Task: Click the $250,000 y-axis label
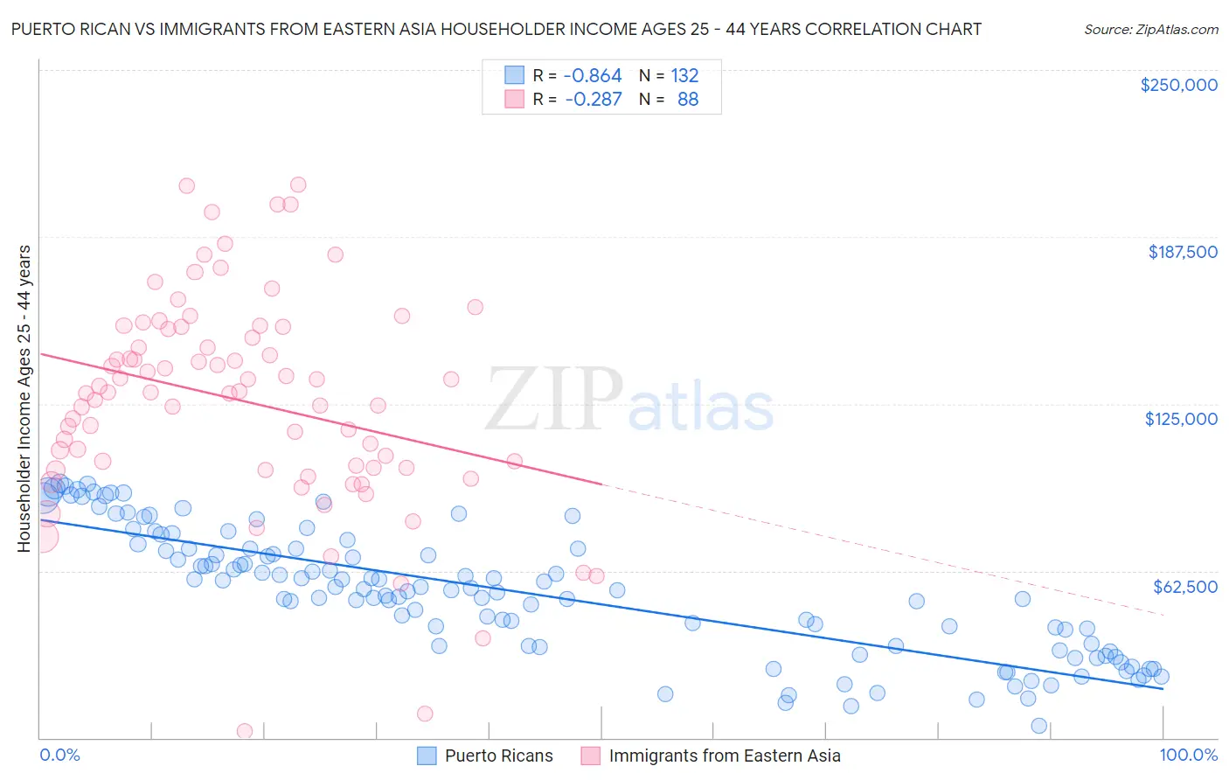point(1178,85)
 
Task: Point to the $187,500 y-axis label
point(1182,252)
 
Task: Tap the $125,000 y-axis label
point(1181,419)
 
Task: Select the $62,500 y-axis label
point(1184,586)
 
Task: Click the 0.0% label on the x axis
point(59,755)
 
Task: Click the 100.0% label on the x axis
point(1188,755)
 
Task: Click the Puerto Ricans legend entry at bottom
point(498,756)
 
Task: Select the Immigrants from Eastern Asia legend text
point(724,756)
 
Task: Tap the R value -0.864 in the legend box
point(592,75)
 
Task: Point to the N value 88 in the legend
point(687,99)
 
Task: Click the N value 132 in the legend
point(684,75)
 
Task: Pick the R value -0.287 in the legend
point(593,99)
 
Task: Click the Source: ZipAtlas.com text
point(1150,29)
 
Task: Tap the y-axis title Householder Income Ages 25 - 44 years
point(24,399)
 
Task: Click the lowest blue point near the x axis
point(1038,726)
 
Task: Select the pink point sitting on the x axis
point(245,730)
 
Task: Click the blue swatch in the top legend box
point(514,75)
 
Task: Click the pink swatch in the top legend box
point(514,99)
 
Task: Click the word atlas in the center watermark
point(701,406)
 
